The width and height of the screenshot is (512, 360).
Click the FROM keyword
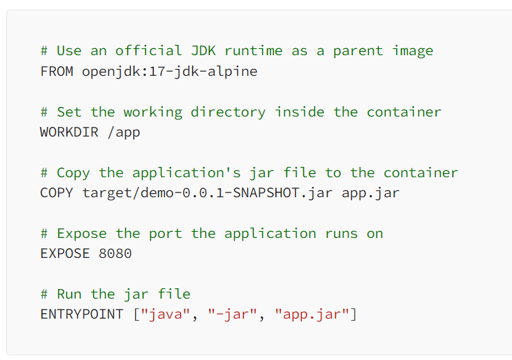57,71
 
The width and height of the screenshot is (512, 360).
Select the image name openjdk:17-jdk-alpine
170,71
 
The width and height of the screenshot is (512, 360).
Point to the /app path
124,132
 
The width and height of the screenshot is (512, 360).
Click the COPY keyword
57,192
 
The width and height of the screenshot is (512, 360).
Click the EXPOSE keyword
65,253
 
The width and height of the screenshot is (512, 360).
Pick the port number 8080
115,253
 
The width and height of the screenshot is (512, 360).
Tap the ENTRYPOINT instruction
82,314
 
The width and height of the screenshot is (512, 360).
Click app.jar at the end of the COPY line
371,192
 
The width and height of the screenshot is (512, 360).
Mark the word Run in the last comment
69,294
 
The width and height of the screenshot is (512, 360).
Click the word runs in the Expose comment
342,233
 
